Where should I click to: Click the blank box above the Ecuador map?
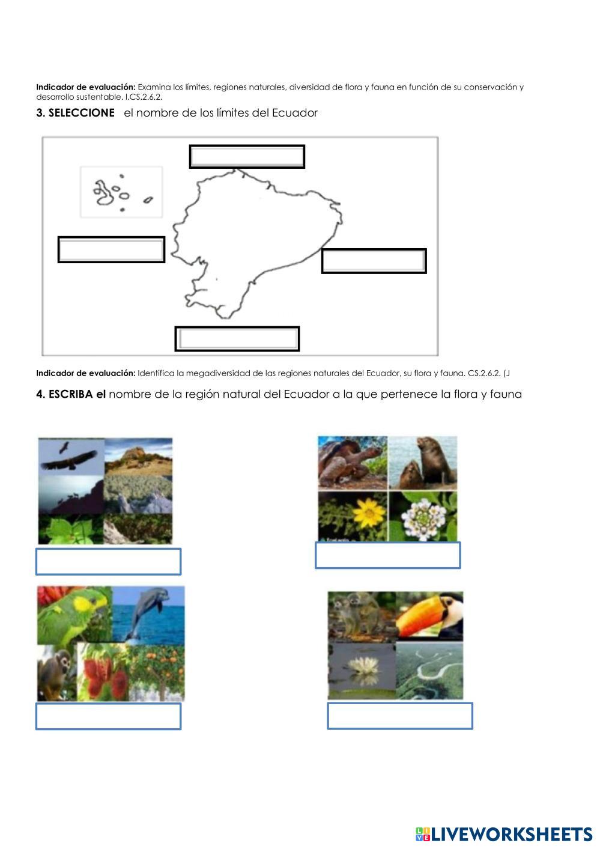click(x=247, y=157)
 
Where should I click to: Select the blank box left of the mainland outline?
click(x=111, y=249)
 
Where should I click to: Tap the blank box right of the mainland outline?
click(x=374, y=261)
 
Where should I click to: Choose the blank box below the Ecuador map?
click(x=237, y=339)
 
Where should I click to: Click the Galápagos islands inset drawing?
click(x=121, y=192)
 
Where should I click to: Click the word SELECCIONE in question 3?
click(x=82, y=112)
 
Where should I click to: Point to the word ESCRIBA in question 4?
click(x=71, y=394)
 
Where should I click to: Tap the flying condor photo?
click(x=71, y=456)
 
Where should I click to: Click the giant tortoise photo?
click(x=353, y=463)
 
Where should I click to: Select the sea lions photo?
click(x=423, y=463)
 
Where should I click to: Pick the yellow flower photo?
click(x=353, y=516)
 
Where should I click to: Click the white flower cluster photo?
click(x=423, y=516)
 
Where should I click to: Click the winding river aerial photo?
click(x=429, y=671)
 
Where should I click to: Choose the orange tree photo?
click(x=157, y=671)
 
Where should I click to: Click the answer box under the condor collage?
click(x=108, y=561)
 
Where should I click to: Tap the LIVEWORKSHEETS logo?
click(x=504, y=835)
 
